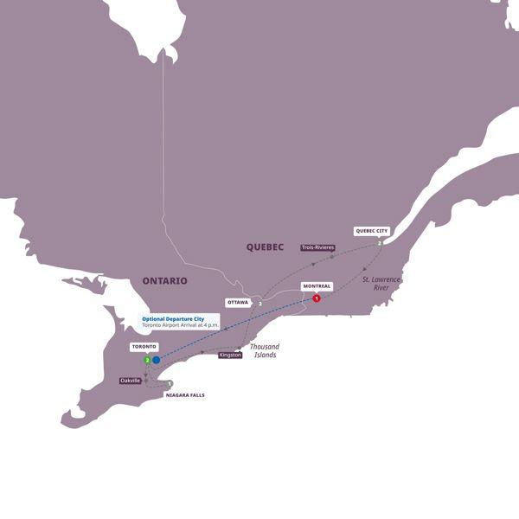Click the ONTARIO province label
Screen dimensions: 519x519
point(164,280)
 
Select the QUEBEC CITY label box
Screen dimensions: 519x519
point(371,231)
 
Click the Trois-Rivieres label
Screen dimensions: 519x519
point(318,247)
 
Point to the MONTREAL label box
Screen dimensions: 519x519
point(317,286)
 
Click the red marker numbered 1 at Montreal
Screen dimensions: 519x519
point(317,299)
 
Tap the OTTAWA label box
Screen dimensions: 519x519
point(237,303)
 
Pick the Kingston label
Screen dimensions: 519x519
point(230,355)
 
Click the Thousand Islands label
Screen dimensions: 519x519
point(264,350)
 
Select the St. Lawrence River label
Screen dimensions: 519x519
point(382,283)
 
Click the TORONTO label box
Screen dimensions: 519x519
point(144,346)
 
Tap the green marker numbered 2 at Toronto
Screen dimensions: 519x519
point(148,360)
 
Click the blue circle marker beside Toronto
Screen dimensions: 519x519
point(157,360)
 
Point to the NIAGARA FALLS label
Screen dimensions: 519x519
point(185,394)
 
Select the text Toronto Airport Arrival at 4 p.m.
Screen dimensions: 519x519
point(180,326)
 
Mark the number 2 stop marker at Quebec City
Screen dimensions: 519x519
point(380,244)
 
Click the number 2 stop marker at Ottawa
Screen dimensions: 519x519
point(259,303)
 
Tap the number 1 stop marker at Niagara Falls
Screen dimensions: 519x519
point(170,384)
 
